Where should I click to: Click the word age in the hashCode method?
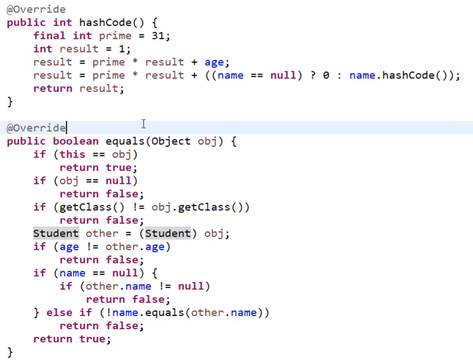pyautogui.click(x=214, y=62)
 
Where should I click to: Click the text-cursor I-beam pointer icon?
pyautogui.click(x=143, y=124)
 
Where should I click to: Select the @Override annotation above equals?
pyautogui.click(x=36, y=128)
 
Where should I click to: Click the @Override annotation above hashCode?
pyautogui.click(x=36, y=9)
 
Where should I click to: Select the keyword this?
pyautogui.click(x=72, y=154)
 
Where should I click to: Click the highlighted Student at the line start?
pyautogui.click(x=56, y=233)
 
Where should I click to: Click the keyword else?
pyautogui.click(x=59, y=312)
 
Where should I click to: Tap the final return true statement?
pyautogui.click(x=71, y=339)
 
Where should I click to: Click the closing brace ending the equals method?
pyautogui.click(x=10, y=352)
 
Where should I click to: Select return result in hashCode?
pyautogui.click(x=78, y=88)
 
